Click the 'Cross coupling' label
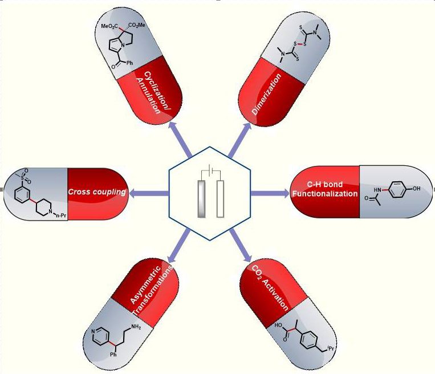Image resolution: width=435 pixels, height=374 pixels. pos(96,192)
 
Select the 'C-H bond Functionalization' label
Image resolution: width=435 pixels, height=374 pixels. pos(324,189)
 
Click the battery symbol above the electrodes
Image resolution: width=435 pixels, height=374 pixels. pos(212,171)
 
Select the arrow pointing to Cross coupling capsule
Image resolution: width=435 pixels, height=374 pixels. pos(148,194)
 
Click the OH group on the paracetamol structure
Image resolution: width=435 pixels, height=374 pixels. pos(417,188)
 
